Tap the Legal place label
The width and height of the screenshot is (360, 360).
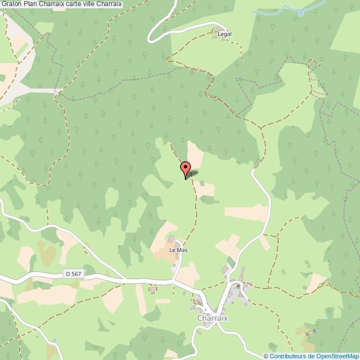(224, 34)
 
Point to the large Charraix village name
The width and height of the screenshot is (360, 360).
(213, 318)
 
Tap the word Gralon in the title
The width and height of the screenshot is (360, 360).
(11, 4)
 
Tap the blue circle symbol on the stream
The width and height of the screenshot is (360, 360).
(301, 13)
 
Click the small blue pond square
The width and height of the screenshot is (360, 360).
(54, 340)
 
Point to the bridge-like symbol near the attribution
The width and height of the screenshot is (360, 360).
(312, 333)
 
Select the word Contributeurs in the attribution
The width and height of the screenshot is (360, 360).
(288, 356)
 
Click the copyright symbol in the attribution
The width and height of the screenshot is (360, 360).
(266, 356)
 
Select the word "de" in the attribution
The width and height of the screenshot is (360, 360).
(311, 356)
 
